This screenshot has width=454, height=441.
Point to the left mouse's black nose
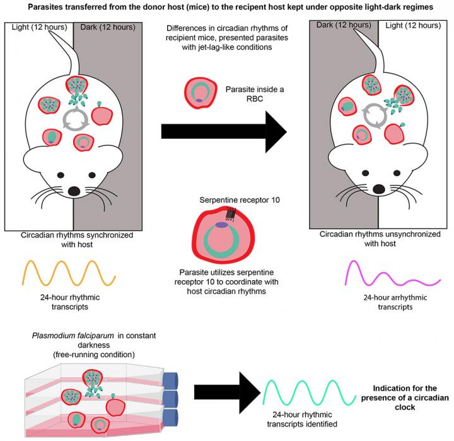point(74,190)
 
